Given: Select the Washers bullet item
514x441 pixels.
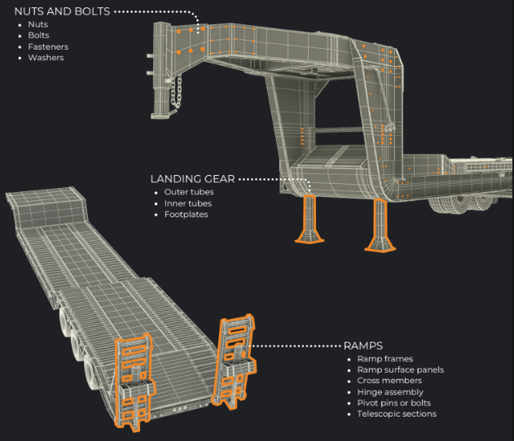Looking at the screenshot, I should pyautogui.click(x=46, y=58).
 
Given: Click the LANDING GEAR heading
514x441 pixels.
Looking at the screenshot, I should pyautogui.click(x=193, y=178).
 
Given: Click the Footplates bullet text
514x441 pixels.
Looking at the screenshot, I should pyautogui.click(x=186, y=214).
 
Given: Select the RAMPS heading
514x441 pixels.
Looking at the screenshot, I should pyautogui.click(x=363, y=346).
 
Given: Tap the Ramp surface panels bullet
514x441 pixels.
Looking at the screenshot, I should pyautogui.click(x=400, y=369).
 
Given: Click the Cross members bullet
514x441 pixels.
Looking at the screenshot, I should pyautogui.click(x=389, y=381).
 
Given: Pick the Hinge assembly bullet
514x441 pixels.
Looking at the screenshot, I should pyautogui.click(x=390, y=391).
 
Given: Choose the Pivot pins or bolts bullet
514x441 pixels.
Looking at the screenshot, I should pyautogui.click(x=394, y=403).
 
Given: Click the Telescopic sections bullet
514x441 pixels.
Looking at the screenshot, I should pyautogui.click(x=397, y=414).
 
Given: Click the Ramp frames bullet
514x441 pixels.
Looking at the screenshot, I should pyautogui.click(x=384, y=358).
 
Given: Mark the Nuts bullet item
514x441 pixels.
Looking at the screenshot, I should pyautogui.click(x=38, y=24).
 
